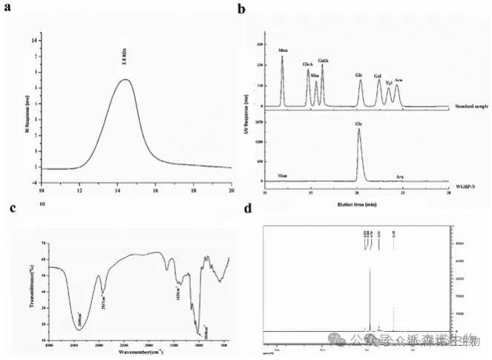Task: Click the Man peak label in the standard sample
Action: tap(282, 51)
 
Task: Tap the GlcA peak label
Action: tap(307, 65)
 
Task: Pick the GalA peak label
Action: tap(323, 59)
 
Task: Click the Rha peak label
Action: tap(315, 75)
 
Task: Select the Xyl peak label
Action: tap(388, 82)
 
